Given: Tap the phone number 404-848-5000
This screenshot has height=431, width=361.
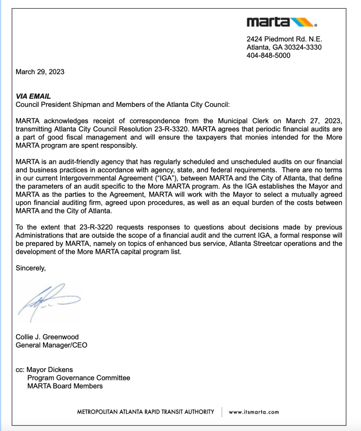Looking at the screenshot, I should coord(268,56).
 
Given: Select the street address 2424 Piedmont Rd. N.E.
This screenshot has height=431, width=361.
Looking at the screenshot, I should coord(284,39).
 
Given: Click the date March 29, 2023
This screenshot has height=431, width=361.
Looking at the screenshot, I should coord(40,72).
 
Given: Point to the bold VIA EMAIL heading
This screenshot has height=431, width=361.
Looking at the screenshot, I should coord(33,96).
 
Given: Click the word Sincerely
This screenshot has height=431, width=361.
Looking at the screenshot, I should coord(30,268).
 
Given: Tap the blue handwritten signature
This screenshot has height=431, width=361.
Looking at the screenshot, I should coord(46,299).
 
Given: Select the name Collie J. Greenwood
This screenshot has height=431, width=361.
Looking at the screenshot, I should coord(47,337).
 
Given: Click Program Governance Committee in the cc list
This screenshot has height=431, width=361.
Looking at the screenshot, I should coord(79,378).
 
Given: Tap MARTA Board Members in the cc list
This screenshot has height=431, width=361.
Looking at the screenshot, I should coord(65,386).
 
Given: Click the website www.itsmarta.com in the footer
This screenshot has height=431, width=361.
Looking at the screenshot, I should coord(253,412).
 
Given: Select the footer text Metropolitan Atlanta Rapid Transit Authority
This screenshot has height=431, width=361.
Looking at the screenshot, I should coord(145,412).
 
